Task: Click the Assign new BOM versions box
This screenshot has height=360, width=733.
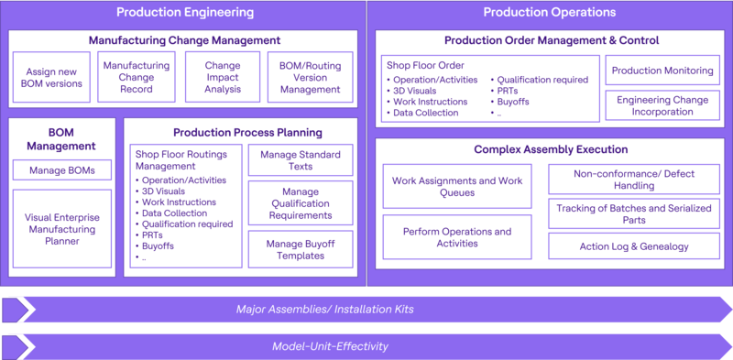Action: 51,77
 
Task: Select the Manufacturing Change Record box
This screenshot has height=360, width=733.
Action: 137,77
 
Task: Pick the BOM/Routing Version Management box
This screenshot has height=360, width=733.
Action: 310,77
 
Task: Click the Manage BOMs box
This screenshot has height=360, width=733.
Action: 62,169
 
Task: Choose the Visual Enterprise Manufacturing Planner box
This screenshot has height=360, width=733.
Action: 62,229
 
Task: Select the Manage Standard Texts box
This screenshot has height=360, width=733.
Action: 301,160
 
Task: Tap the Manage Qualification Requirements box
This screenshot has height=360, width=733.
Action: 301,202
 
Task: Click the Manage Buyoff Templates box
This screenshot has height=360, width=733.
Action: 301,249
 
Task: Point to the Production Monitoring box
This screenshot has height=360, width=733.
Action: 662,71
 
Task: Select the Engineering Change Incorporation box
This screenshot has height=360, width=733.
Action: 662,104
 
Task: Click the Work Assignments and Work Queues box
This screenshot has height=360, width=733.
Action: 457,187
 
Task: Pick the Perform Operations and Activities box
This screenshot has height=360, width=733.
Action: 457,238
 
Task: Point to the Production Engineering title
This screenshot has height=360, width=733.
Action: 185,13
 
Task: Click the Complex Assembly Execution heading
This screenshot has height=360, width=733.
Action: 551,149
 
